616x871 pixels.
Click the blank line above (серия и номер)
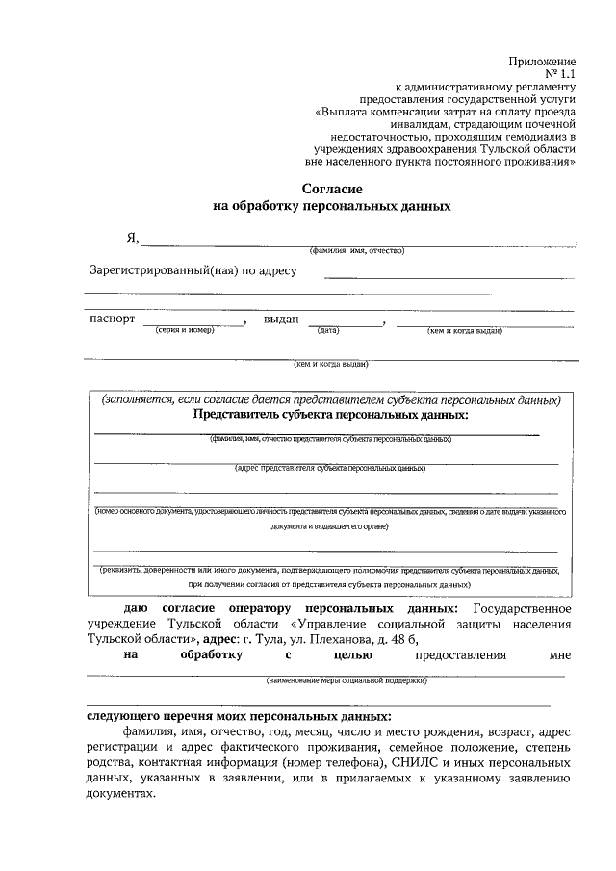click(x=193, y=324)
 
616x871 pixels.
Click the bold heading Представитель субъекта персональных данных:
click(x=331, y=414)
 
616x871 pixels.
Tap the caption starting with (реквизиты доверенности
click(x=330, y=570)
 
